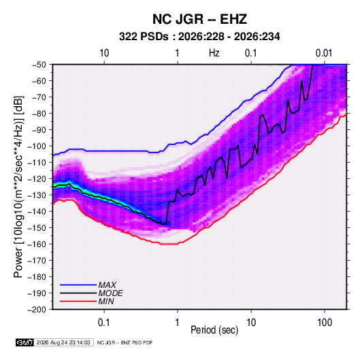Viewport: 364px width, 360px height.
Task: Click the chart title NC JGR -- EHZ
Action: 199,19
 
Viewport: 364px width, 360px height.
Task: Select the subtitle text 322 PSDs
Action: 144,37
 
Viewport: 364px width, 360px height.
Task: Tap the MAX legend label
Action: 107,285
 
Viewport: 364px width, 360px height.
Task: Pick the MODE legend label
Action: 110,293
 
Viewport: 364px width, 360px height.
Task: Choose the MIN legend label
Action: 106,301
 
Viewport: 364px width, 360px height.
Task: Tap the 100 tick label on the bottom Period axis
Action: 325,323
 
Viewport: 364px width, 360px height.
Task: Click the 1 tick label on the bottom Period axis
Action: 178,323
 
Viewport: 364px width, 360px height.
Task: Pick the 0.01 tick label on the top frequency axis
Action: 324,53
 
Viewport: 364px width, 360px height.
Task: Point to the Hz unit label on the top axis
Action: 214,53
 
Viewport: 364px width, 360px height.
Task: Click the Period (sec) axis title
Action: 214,330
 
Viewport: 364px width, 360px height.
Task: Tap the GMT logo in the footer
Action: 24,342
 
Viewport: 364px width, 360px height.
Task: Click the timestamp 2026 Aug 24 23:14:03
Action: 63,342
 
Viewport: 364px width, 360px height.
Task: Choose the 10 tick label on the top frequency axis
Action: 104,53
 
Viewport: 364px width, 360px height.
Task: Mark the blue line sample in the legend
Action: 78,285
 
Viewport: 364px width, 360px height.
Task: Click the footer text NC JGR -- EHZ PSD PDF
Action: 125,343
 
